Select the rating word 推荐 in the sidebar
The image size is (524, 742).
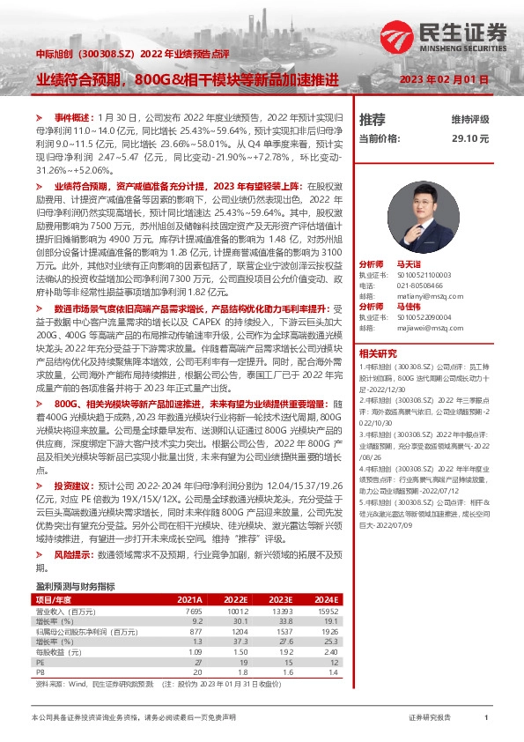point(373,119)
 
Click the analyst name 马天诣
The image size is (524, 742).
point(409,240)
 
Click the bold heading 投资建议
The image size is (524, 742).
point(71,486)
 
